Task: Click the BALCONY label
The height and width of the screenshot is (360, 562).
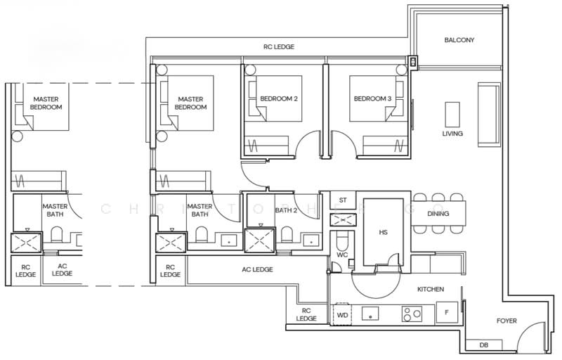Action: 459,40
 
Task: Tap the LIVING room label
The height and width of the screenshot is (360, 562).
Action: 452,134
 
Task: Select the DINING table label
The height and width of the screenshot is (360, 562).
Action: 438,213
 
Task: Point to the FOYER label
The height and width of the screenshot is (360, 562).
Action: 507,321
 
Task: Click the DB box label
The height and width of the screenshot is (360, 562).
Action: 483,345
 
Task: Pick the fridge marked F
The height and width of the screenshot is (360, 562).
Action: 447,312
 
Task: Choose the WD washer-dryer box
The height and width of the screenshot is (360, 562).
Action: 342,315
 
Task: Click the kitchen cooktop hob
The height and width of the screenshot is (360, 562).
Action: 412,314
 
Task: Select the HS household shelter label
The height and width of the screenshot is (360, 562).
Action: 383,232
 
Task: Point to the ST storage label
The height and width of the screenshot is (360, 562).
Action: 343,200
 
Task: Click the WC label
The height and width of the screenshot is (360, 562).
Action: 342,255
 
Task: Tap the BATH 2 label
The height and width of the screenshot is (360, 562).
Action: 286,210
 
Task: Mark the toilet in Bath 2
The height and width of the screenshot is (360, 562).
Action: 287,234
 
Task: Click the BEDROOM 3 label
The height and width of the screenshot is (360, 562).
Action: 372,98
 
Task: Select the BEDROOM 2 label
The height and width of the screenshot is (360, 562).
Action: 279,98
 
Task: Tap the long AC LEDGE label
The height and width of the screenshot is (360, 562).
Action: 257,269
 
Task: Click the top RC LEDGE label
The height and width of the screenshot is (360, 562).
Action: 279,46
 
